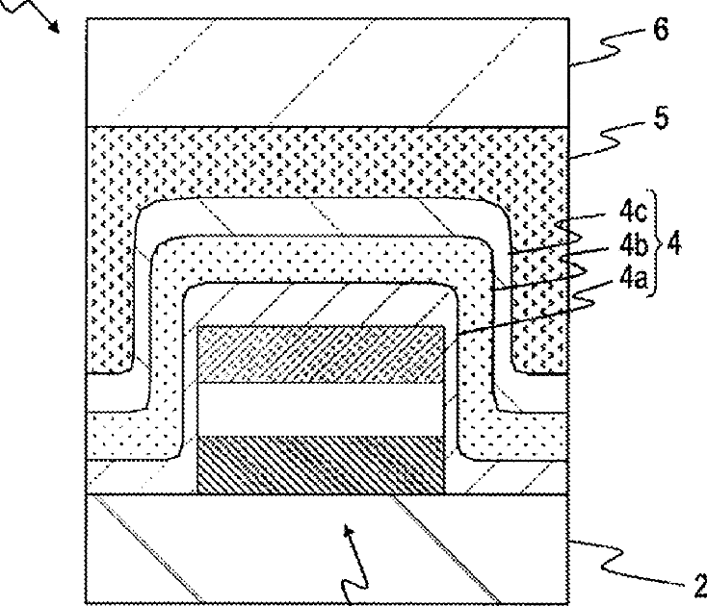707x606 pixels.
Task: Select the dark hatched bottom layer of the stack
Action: point(320,465)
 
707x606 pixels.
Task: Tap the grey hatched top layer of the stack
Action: point(320,354)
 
